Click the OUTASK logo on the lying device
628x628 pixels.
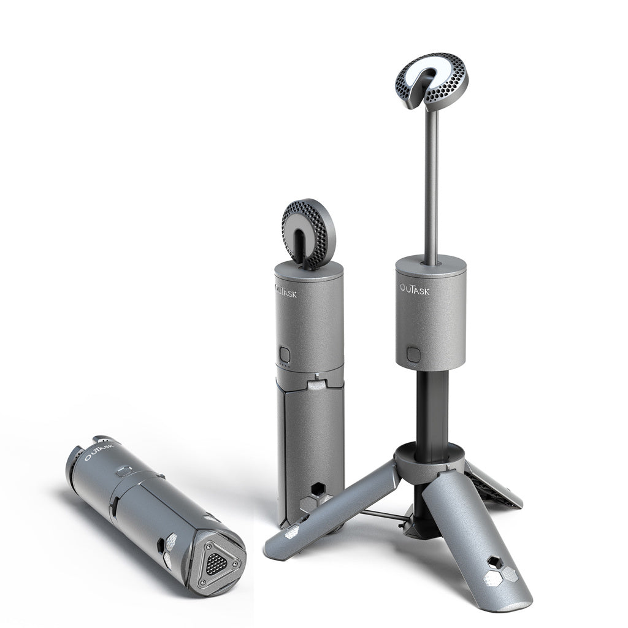tap(99, 450)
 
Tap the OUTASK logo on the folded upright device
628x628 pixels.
tap(286, 291)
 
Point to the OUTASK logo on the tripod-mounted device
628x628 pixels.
tap(414, 288)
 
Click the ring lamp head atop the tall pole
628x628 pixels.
tap(432, 82)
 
